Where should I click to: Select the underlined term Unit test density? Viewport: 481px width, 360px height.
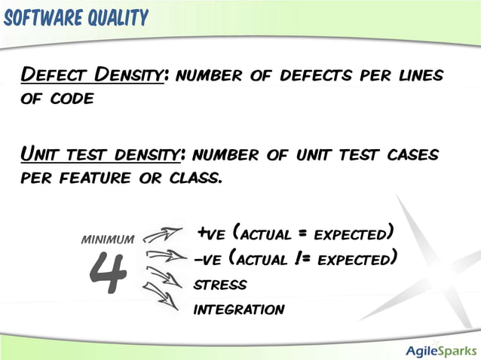[x=100, y=155]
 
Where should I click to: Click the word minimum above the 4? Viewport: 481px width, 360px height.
[x=107, y=239]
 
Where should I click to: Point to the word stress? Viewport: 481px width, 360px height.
[x=220, y=285]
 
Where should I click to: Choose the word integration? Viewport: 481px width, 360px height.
[x=239, y=310]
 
